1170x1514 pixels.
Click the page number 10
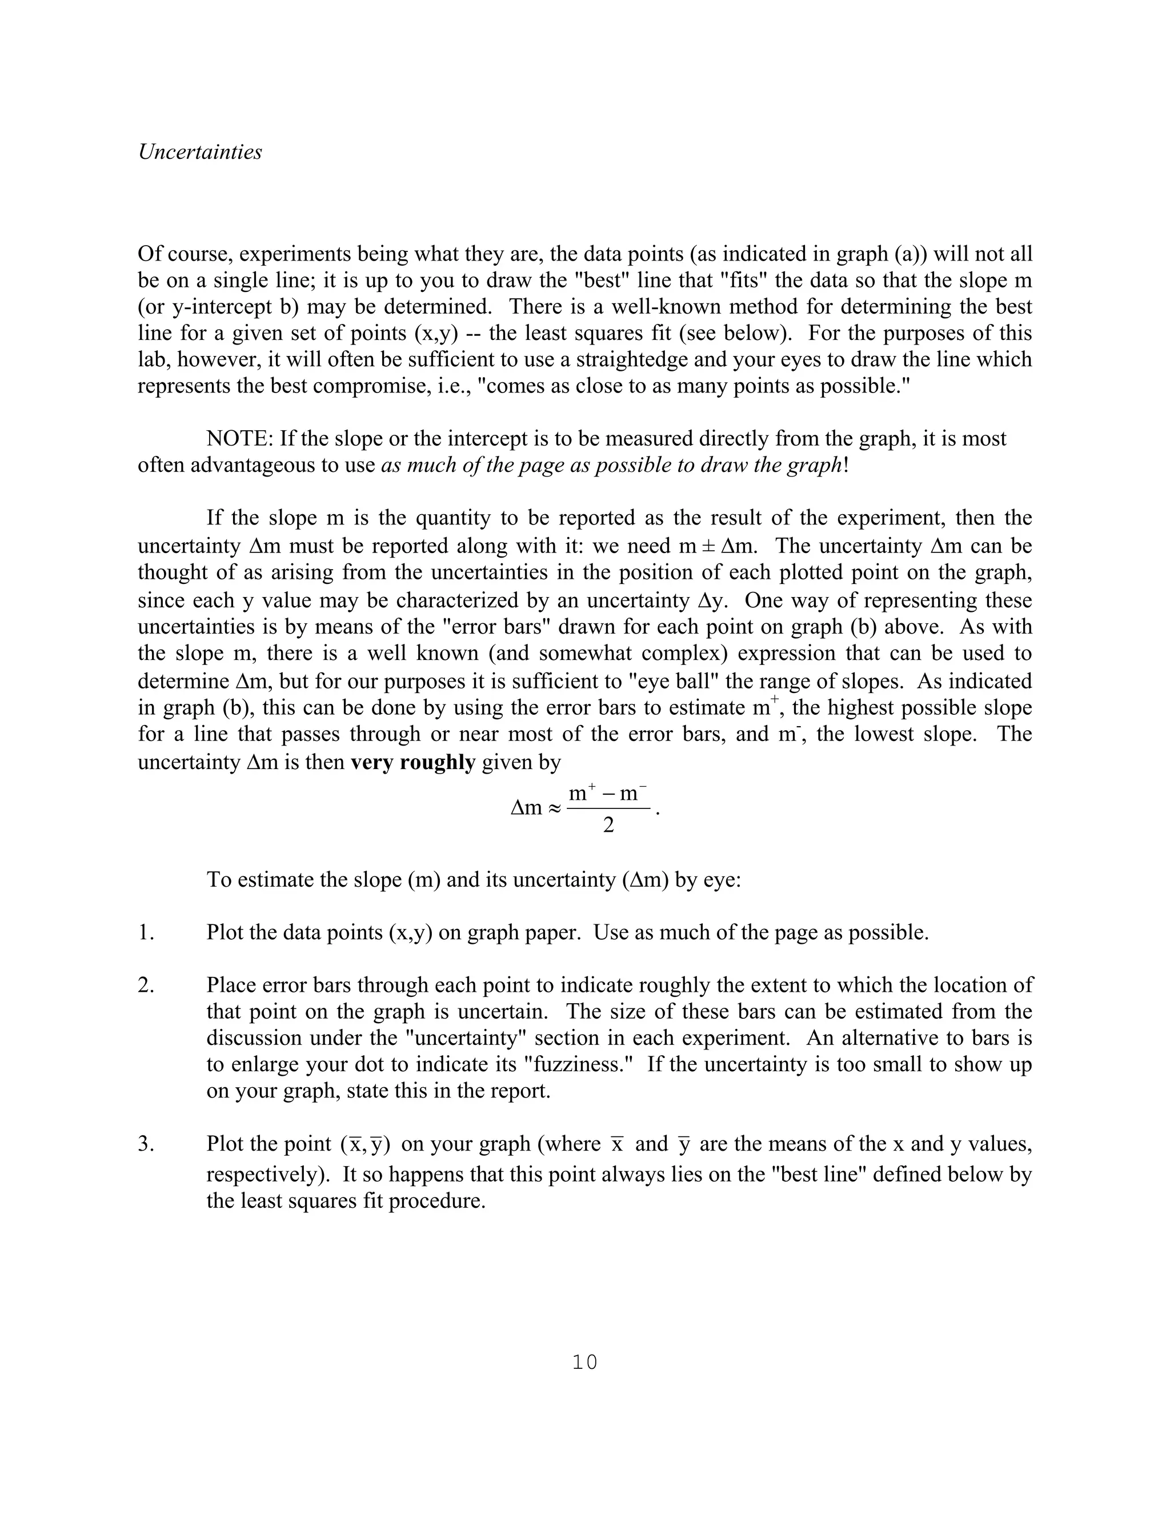click(x=584, y=1362)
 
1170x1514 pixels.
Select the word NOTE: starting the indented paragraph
click(x=240, y=439)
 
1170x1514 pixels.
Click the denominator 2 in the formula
click(x=608, y=825)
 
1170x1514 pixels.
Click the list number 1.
click(x=145, y=933)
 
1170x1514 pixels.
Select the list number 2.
click(x=145, y=986)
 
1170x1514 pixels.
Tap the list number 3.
click(x=145, y=1144)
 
